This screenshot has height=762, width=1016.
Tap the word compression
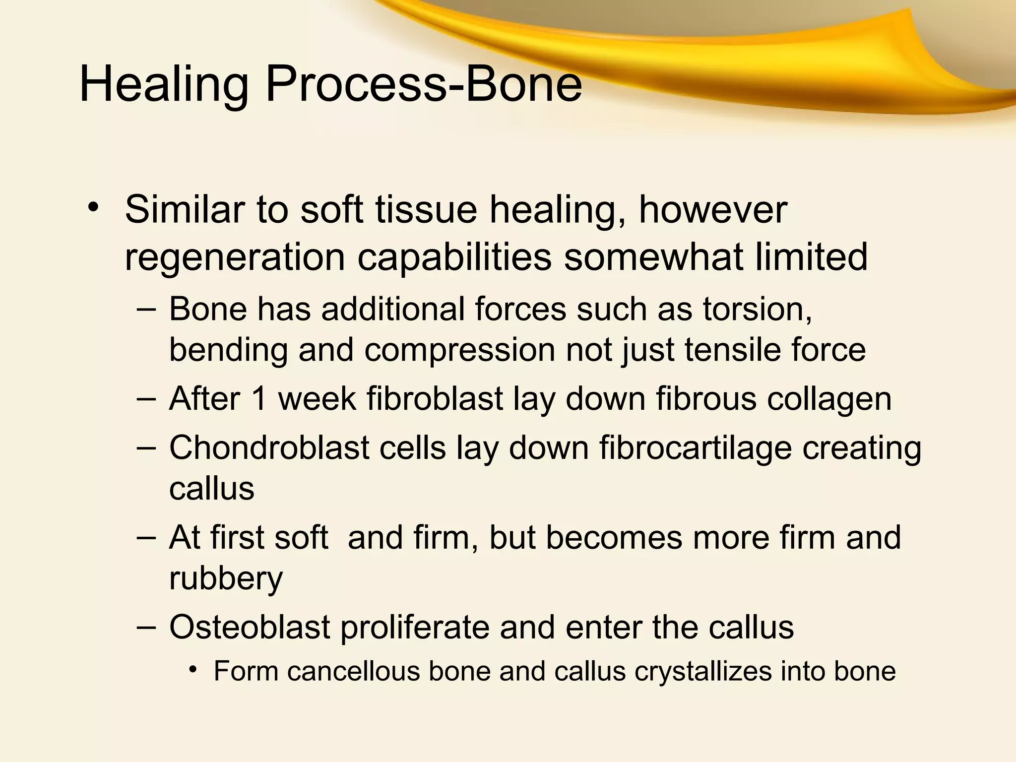(x=459, y=350)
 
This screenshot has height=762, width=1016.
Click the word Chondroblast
(x=269, y=448)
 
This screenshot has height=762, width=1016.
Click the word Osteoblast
(x=250, y=627)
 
